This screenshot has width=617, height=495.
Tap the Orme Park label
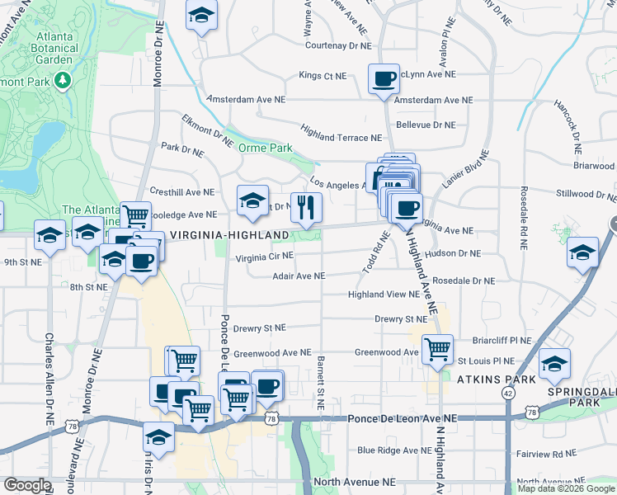coord(266,148)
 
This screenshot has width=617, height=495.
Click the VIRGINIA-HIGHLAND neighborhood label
coord(229,235)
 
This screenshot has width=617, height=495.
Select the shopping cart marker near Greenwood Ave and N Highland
coord(437,349)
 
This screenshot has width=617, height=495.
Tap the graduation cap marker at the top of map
coord(200,16)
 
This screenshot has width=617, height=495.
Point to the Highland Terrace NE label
coord(341,138)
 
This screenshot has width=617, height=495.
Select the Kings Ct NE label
coord(323,75)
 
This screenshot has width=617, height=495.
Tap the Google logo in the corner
coord(26,485)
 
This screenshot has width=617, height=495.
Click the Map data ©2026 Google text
coord(566,488)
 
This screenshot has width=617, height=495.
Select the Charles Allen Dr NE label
coord(49,379)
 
